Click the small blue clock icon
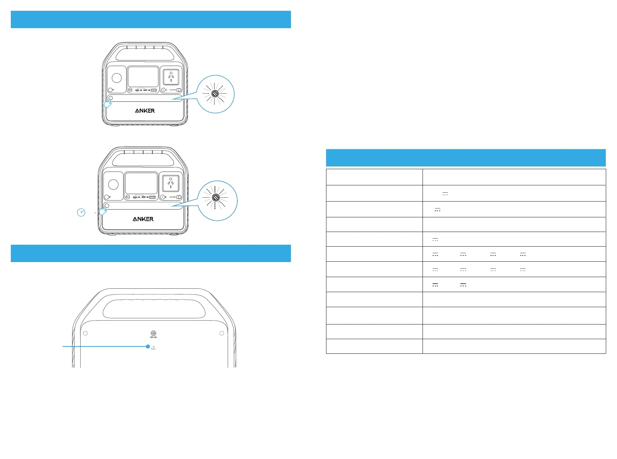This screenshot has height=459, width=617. click(81, 212)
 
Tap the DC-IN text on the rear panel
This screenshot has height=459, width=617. click(154, 337)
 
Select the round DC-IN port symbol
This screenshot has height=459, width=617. click(154, 333)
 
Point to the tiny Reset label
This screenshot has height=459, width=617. click(154, 349)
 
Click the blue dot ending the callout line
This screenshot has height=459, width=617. click(148, 346)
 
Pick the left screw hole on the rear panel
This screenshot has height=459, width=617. click(85, 333)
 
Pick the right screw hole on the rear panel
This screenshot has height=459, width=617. click(221, 333)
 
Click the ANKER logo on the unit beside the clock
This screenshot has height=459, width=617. click(143, 219)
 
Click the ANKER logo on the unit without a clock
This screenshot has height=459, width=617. click(145, 111)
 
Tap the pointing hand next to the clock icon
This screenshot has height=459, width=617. click(103, 210)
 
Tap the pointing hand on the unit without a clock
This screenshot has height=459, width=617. click(108, 103)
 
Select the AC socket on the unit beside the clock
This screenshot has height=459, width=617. click(171, 183)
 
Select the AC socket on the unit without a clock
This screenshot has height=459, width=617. click(171, 77)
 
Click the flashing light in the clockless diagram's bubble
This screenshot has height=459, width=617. click(215, 94)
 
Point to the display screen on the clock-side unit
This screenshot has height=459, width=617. click(141, 183)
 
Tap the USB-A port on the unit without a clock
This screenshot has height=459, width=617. click(154, 90)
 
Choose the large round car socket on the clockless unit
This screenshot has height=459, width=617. click(117, 77)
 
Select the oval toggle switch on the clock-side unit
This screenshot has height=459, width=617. click(179, 197)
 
